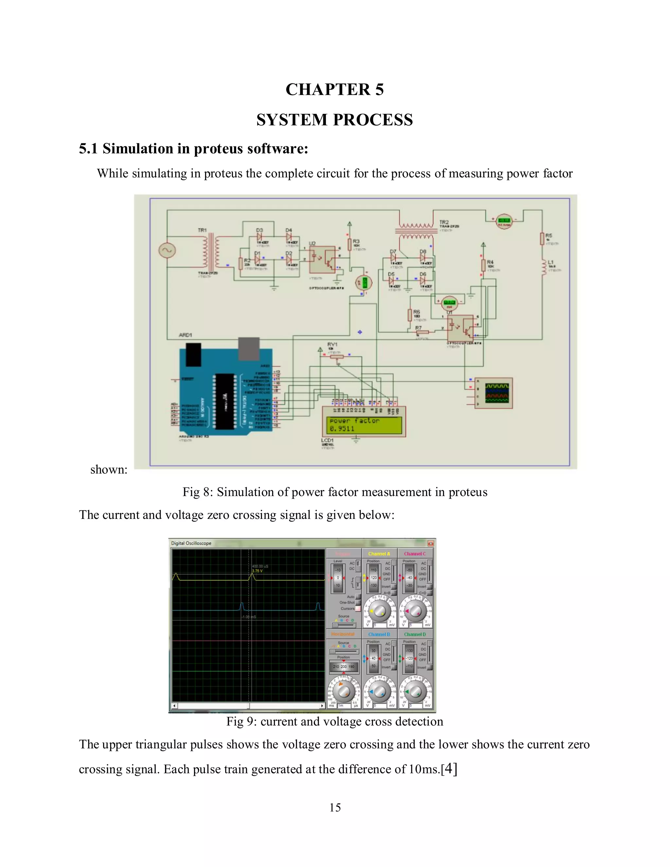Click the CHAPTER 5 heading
pyautogui.click(x=335, y=90)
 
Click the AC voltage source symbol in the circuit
pyautogui.click(x=167, y=250)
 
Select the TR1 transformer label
pyautogui.click(x=203, y=230)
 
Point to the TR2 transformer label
pyautogui.click(x=444, y=222)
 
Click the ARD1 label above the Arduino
pyautogui.click(x=185, y=335)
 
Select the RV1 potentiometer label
pyautogui.click(x=332, y=344)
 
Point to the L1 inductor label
pyautogui.click(x=550, y=262)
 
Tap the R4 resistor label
pyautogui.click(x=490, y=262)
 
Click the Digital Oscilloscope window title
pyautogui.click(x=191, y=543)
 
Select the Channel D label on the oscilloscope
pyautogui.click(x=415, y=634)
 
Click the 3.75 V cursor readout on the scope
pyautogui.click(x=257, y=571)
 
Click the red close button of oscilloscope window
pyautogui.click(x=430, y=543)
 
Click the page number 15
pyautogui.click(x=335, y=807)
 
